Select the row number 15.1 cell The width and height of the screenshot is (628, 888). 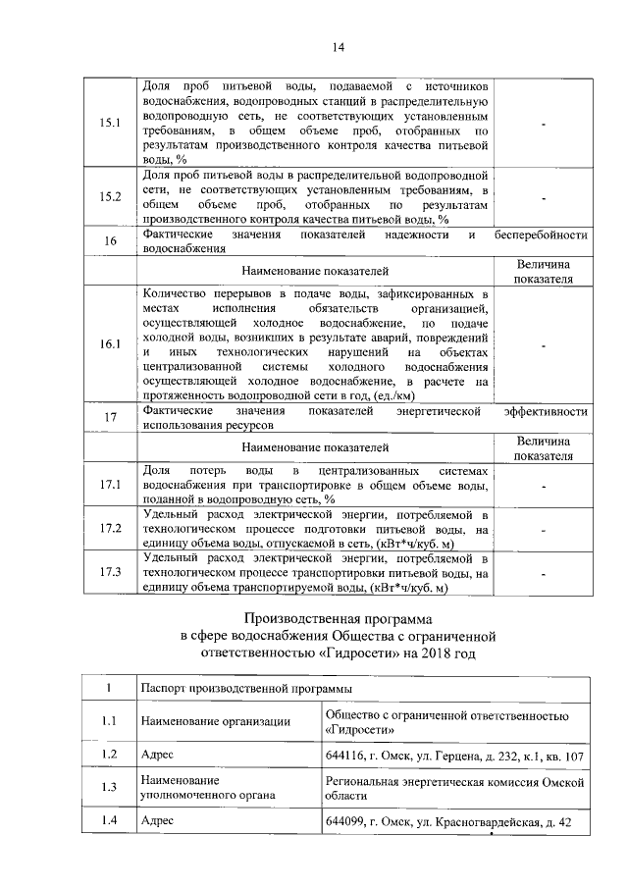[111, 124]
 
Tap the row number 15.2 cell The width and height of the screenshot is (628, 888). [111, 196]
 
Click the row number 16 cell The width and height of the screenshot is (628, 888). [111, 241]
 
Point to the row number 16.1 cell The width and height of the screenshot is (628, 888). [111, 343]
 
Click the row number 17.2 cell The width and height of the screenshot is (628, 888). [111, 529]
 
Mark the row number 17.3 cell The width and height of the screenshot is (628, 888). [111, 573]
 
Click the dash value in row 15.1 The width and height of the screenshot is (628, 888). [542, 124]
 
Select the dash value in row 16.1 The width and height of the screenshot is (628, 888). [542, 343]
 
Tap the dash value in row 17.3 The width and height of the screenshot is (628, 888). [542, 573]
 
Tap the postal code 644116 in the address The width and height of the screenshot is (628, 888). [344, 756]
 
